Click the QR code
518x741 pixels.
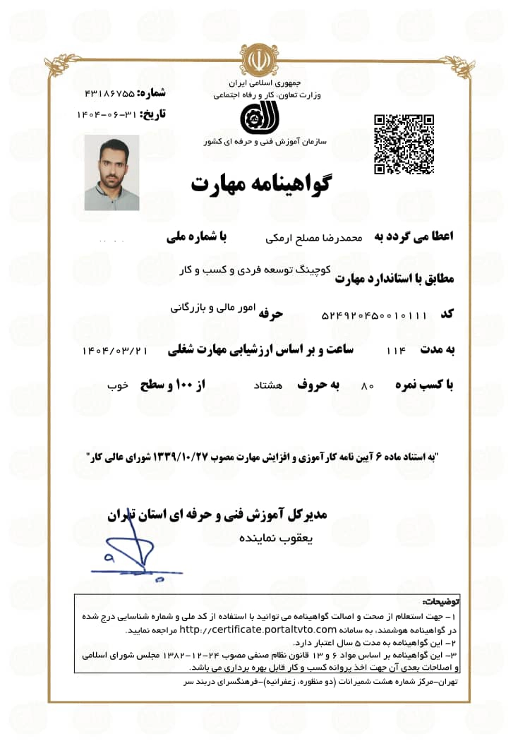pos(403,143)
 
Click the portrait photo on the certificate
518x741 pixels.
pos(112,173)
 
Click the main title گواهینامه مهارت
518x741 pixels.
pos(260,183)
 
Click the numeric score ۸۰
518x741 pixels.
pos(366,386)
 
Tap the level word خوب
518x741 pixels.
pos(117,386)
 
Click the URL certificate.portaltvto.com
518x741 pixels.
pos(257,629)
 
